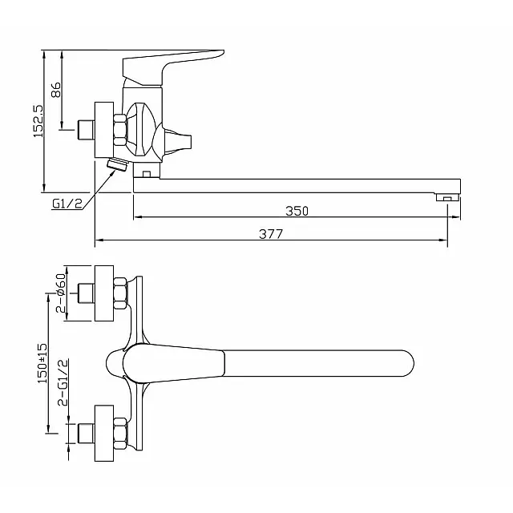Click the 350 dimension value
[x=297, y=211]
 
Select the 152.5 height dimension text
[x=38, y=120]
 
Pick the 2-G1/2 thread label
[x=62, y=384]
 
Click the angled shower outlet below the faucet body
[x=116, y=166]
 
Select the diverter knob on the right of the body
[x=180, y=141]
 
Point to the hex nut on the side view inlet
[x=120, y=130]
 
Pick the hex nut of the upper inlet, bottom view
[x=120, y=293]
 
